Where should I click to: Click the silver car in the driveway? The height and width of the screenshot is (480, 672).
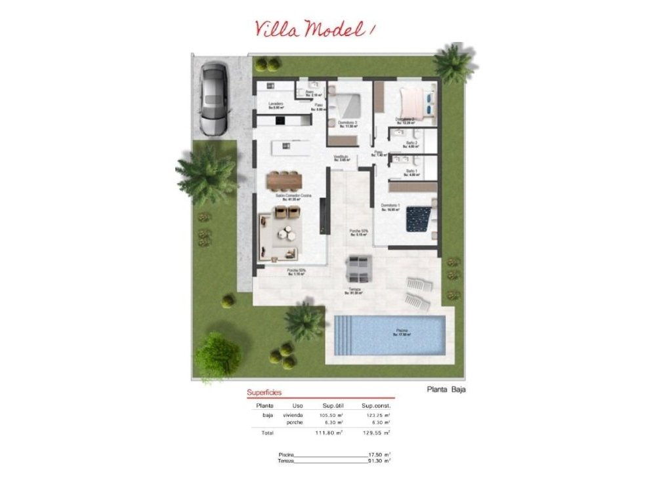[214, 98]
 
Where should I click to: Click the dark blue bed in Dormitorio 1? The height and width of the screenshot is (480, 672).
[418, 218]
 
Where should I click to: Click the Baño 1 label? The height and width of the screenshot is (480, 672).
[412, 171]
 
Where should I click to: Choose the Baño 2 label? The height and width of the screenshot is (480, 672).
[412, 143]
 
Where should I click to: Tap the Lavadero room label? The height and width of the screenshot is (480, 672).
[276, 105]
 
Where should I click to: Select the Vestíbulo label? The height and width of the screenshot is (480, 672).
[341, 157]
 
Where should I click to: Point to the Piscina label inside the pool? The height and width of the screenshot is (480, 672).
[401, 330]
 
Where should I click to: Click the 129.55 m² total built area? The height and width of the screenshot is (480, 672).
[378, 433]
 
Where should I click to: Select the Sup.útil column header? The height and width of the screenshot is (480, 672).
[333, 406]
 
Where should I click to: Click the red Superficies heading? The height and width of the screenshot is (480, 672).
[264, 393]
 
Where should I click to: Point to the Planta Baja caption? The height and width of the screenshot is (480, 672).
[446, 390]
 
